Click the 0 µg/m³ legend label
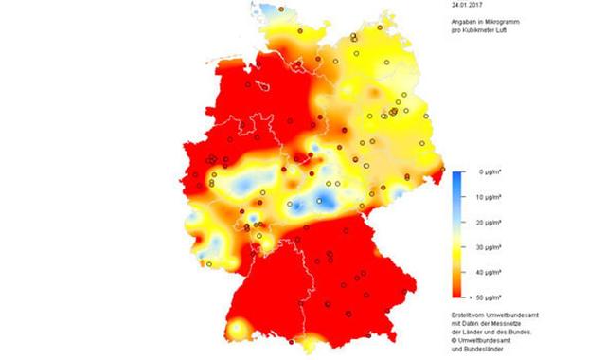point(487,172)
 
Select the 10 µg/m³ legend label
point(489,197)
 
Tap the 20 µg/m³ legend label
point(489,222)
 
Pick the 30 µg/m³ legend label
point(489,246)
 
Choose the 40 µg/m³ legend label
point(489,271)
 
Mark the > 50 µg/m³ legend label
point(487,296)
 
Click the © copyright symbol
point(453,340)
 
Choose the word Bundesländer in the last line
point(478,349)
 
